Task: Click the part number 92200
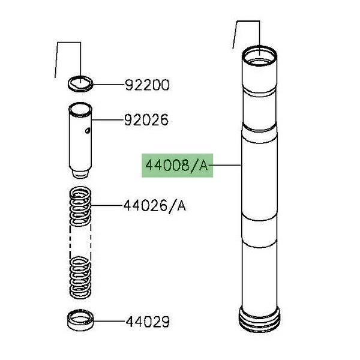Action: click(x=147, y=85)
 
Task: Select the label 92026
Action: click(x=146, y=120)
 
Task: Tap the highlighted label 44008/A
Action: click(x=177, y=166)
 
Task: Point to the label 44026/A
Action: click(x=155, y=206)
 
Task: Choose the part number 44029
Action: click(x=148, y=322)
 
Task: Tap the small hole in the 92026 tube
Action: click(x=87, y=131)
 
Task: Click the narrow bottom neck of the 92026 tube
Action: click(x=80, y=173)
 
